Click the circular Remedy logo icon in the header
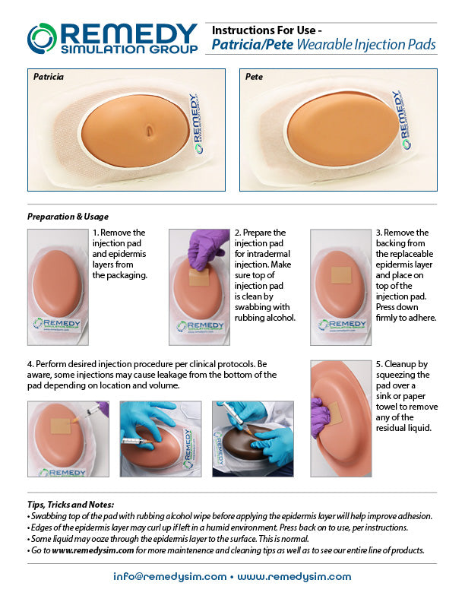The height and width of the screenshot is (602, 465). coord(42,38)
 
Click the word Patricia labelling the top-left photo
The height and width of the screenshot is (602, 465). coord(49,78)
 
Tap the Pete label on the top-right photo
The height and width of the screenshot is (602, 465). coord(254,78)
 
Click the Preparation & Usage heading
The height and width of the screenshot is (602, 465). coord(68,216)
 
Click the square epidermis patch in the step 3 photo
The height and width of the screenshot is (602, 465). coord(340,275)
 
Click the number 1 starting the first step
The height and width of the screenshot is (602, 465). coord(96,233)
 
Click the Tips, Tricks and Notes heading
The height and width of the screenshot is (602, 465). coord(70,504)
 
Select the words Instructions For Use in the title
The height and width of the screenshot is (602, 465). coord(261,30)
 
